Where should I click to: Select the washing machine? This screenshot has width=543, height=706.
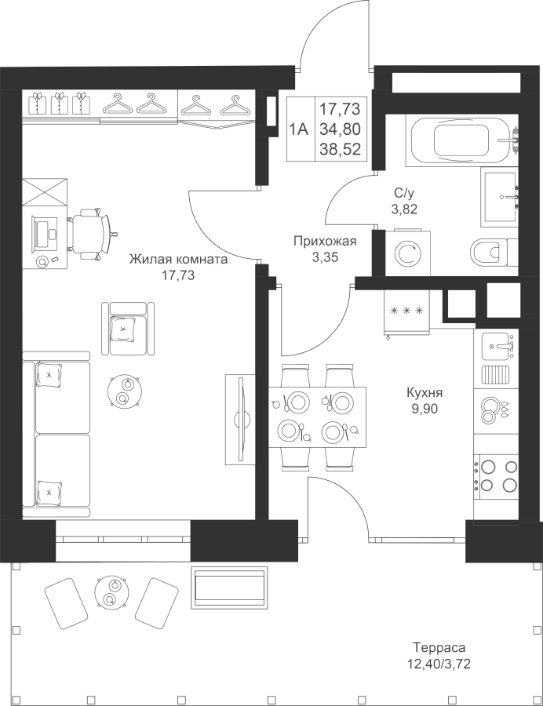point(406,253)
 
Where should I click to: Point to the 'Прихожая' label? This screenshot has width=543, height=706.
point(324,242)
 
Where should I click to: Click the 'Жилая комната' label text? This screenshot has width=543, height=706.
point(177,260)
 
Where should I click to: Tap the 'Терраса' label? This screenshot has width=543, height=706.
point(439,648)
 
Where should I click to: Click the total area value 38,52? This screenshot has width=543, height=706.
point(341,149)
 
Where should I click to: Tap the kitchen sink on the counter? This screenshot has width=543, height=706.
point(497,343)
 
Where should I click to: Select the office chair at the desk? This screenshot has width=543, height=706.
point(92,231)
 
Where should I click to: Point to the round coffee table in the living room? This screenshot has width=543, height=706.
point(125,391)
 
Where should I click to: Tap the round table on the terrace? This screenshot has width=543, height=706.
point(109,593)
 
